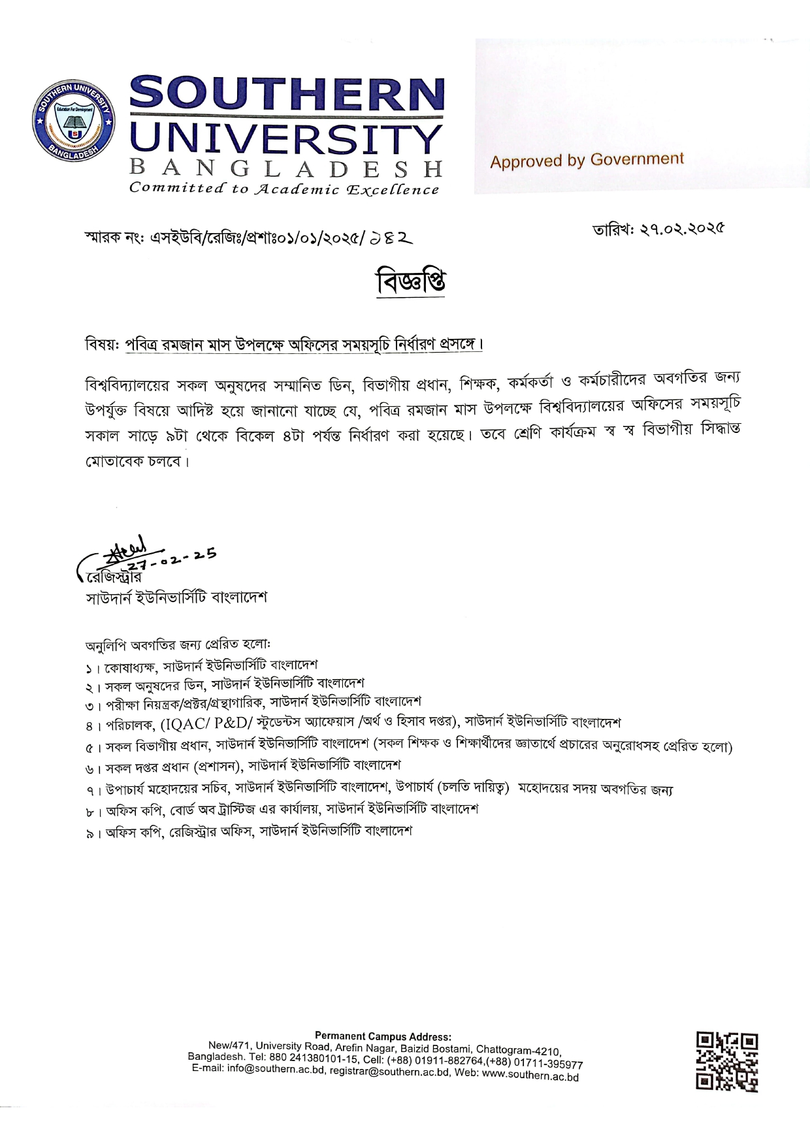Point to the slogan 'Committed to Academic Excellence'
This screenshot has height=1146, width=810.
pos(284,189)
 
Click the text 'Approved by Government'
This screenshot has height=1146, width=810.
pos(587,160)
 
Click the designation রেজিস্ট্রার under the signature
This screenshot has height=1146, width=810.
pos(114,577)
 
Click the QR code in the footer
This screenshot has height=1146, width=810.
pos(726,1061)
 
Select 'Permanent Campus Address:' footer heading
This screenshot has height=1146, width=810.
pos(382,1036)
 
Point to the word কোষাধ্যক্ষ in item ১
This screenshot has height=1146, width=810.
pos(129,668)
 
